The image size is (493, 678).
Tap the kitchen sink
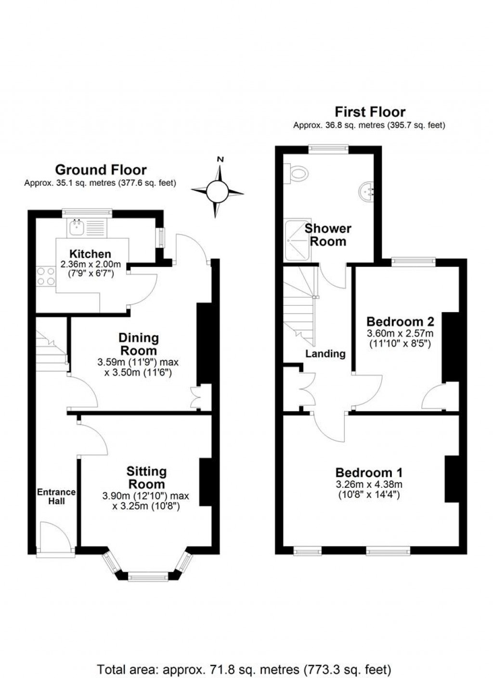click(76, 227)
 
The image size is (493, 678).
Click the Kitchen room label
click(90, 254)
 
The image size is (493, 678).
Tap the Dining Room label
click(138, 344)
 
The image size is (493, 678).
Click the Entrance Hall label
click(56, 496)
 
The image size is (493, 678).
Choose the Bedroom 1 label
click(369, 473)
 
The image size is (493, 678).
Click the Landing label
click(325, 354)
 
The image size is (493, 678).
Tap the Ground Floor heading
click(101, 169)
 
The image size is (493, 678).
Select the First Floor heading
click(370, 112)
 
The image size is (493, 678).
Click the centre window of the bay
click(148, 575)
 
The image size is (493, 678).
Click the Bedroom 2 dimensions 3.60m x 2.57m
click(400, 333)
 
